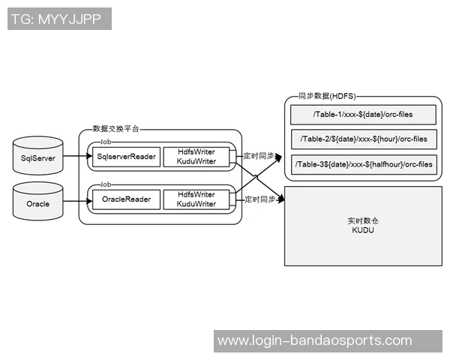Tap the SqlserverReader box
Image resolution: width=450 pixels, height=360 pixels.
pyautogui.click(x=126, y=157)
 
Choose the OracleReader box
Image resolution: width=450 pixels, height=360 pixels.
pyautogui.click(x=126, y=199)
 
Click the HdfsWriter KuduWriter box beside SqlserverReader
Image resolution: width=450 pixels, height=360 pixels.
pyautogui.click(x=196, y=157)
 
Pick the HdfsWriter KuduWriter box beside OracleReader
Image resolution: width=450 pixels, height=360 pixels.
pyautogui.click(x=196, y=199)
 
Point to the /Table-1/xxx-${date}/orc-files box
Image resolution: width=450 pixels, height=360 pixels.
pyautogui.click(x=363, y=115)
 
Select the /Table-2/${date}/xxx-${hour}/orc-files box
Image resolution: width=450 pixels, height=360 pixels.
pyautogui.click(x=363, y=139)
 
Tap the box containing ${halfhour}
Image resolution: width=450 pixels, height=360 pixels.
pyautogui.click(x=363, y=164)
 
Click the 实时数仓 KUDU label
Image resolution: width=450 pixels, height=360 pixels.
pyautogui.click(x=363, y=226)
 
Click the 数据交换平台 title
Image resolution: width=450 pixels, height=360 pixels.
pyautogui.click(x=115, y=129)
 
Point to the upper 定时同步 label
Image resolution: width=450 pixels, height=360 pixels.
pyautogui.click(x=258, y=157)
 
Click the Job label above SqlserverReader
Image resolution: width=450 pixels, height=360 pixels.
pyautogui.click(x=106, y=141)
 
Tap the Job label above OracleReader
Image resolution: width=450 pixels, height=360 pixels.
pyautogui.click(x=106, y=184)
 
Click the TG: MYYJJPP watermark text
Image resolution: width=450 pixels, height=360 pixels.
pyautogui.click(x=59, y=19)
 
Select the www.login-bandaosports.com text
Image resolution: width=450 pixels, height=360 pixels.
pyautogui.click(x=314, y=340)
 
